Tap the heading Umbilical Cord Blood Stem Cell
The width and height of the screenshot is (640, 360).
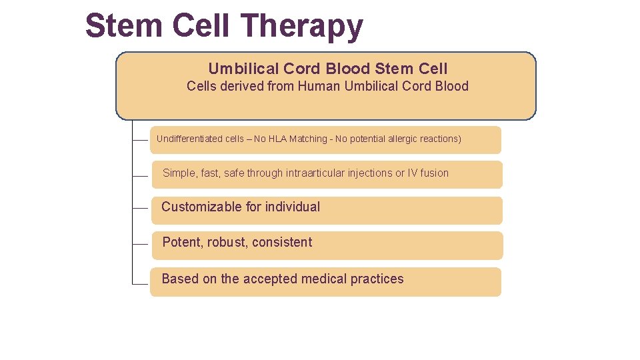tap(327, 69)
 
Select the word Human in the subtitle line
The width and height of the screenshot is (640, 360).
tap(319, 86)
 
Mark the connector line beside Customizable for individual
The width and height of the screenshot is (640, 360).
tap(140, 208)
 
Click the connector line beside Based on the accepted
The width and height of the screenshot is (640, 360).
tap(140, 283)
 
